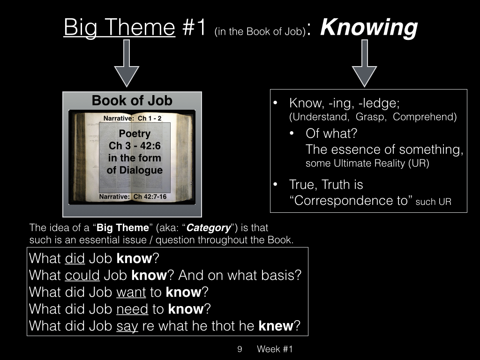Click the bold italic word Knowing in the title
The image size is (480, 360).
pyautogui.click(x=369, y=28)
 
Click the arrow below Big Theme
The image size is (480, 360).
pyautogui.click(x=127, y=63)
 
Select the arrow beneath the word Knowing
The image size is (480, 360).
pyautogui.click(x=364, y=63)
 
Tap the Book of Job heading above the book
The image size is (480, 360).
pyautogui.click(x=132, y=100)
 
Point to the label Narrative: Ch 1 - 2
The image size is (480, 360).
pyautogui.click(x=132, y=118)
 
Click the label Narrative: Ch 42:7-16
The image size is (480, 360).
pyautogui.click(x=133, y=196)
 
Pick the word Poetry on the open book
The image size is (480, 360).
pyautogui.click(x=135, y=134)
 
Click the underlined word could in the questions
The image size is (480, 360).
pyautogui.click(x=82, y=275)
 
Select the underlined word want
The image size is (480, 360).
pyautogui.click(x=131, y=292)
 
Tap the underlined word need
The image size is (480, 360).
pyautogui.click(x=132, y=309)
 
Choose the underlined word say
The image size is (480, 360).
pyautogui.click(x=127, y=326)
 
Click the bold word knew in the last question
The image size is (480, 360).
pyautogui.click(x=276, y=326)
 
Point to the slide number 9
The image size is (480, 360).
pyautogui.click(x=240, y=349)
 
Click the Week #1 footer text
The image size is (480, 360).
pyautogui.click(x=275, y=349)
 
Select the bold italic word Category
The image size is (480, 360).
pyautogui.click(x=209, y=228)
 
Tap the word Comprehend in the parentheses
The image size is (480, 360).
pyautogui.click(x=424, y=117)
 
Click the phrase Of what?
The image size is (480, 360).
pyautogui.click(x=331, y=134)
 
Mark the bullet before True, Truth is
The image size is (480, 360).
pyautogui.click(x=275, y=184)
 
